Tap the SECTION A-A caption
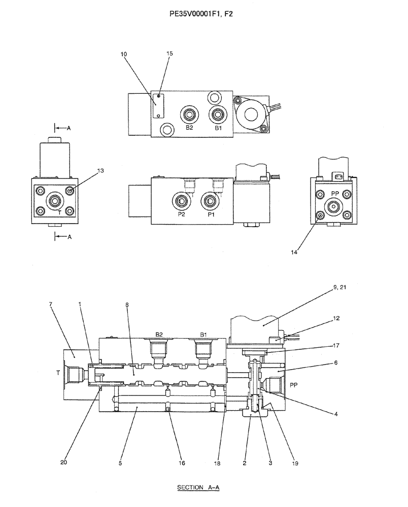tap(198, 487)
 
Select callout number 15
tap(169, 53)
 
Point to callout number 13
tap(100, 171)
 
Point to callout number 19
tap(294, 462)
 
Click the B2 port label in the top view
tap(189, 128)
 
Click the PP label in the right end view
tap(335, 193)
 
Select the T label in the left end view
tap(59, 213)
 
